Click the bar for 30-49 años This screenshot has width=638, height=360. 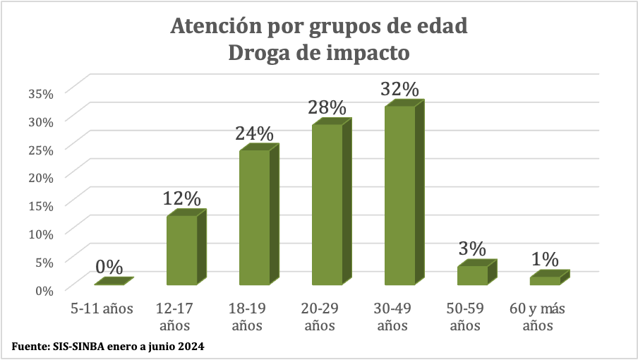coord(399,196)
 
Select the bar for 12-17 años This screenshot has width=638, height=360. coord(181,251)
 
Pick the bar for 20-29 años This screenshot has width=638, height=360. coord(327,205)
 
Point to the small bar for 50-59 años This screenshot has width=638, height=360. coord(472,275)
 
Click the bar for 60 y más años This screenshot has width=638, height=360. coord(545,280)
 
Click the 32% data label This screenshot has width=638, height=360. coord(399,90)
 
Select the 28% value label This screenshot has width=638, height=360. coord(327,108)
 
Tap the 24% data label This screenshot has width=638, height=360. coord(254,133)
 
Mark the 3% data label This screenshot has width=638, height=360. coord(472,248)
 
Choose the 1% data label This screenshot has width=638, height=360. coord(545,259)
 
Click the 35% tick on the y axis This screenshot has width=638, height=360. coord(41,92)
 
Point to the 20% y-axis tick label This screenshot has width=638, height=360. coord(41,176)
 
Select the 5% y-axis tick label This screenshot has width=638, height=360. coord(44,261)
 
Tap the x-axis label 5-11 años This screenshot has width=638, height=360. coord(102,308)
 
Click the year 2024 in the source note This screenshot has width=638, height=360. coord(191,347)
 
